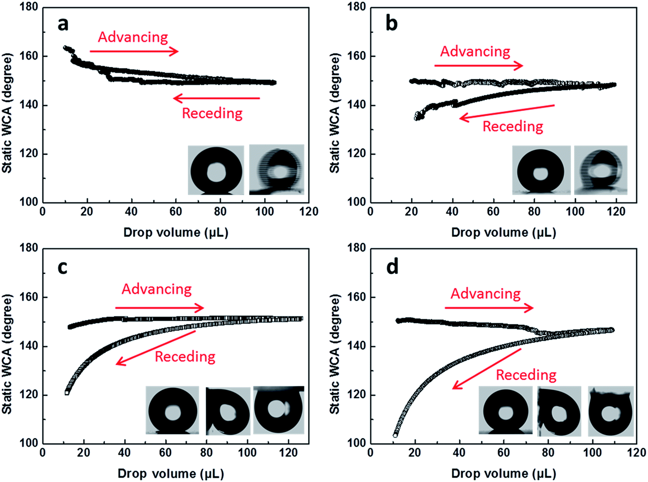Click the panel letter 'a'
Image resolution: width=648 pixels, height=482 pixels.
[x=63, y=24]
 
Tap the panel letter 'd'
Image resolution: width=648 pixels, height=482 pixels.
[x=392, y=267]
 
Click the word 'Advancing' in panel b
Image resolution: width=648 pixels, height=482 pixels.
[x=475, y=52]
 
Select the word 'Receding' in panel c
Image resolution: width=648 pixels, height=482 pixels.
[x=185, y=356]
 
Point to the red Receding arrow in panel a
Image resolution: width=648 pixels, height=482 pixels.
[x=216, y=98]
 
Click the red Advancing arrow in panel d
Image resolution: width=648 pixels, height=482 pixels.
[x=489, y=308]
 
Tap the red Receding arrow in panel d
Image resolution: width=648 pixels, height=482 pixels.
[x=487, y=369]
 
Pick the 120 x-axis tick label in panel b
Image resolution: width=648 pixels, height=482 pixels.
[x=616, y=211]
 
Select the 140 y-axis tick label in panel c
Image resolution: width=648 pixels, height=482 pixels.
[x=29, y=346]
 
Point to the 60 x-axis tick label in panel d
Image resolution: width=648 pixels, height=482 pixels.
[x=503, y=452]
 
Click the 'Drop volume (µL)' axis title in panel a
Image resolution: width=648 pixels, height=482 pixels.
[x=176, y=233]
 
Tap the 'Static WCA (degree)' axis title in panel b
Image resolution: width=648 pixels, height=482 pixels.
[x=335, y=113]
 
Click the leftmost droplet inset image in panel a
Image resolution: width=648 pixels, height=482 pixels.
[x=216, y=170]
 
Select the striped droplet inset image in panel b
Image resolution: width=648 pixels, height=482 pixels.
[x=601, y=170]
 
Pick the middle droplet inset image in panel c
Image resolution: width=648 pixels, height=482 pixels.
[x=228, y=411]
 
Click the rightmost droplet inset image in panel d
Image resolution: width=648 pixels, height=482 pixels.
[x=611, y=411]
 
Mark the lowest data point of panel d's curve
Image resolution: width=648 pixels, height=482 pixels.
[x=395, y=436]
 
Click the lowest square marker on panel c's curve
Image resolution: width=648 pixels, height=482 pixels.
[x=67, y=393]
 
